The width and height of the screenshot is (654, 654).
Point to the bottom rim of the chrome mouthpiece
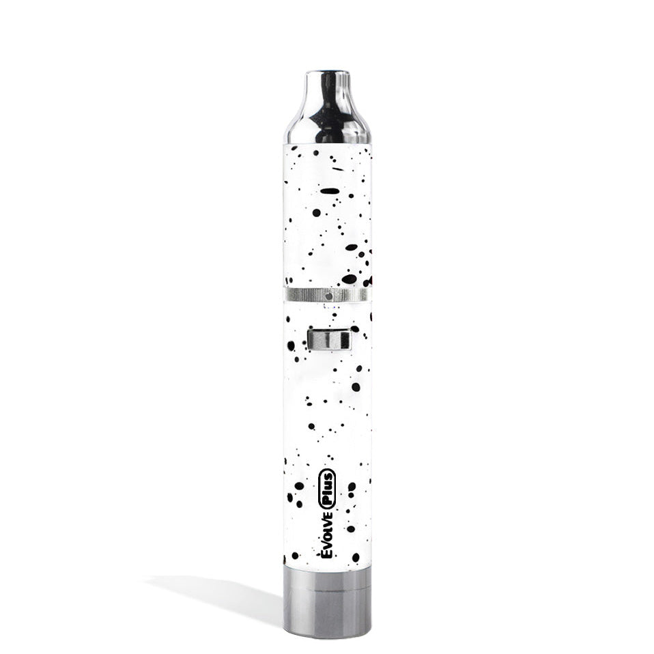click(327, 141)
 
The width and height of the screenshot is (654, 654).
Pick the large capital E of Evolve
click(327, 551)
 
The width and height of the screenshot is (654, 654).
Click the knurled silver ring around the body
click(326, 295)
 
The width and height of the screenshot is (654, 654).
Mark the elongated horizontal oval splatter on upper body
click(330, 191)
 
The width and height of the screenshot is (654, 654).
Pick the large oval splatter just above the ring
click(349, 279)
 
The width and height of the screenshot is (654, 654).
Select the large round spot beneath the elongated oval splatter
click(317, 212)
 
